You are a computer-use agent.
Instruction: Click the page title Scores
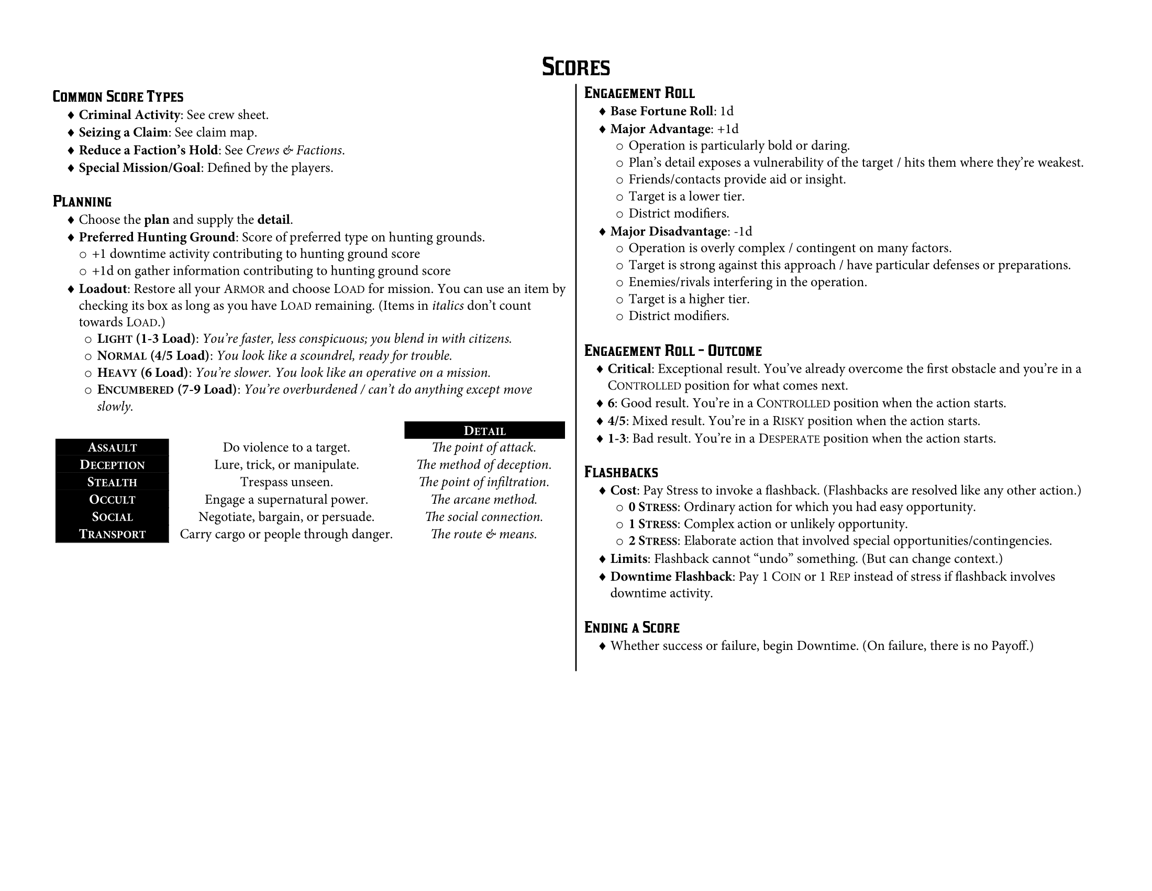pos(575,67)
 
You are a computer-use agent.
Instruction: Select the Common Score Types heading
pos(118,96)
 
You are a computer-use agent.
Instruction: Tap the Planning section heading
pos(82,202)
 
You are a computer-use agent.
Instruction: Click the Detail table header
pos(484,430)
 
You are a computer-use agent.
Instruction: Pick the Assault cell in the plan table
pos(112,448)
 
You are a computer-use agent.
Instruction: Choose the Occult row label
pos(112,499)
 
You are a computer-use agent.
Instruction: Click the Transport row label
pos(112,534)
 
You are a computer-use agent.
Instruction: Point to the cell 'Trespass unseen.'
pos(286,482)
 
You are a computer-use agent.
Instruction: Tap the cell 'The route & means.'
pos(484,534)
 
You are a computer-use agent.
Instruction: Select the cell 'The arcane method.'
pos(484,499)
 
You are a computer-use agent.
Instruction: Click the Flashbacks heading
pos(621,472)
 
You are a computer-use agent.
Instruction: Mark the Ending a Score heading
pos(632,627)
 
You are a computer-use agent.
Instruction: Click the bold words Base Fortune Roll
pos(661,111)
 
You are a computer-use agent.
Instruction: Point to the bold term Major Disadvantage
pos(668,232)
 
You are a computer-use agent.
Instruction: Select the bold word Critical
pos(629,369)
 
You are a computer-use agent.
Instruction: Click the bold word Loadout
pos(103,289)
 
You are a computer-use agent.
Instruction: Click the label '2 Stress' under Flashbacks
pos(652,541)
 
